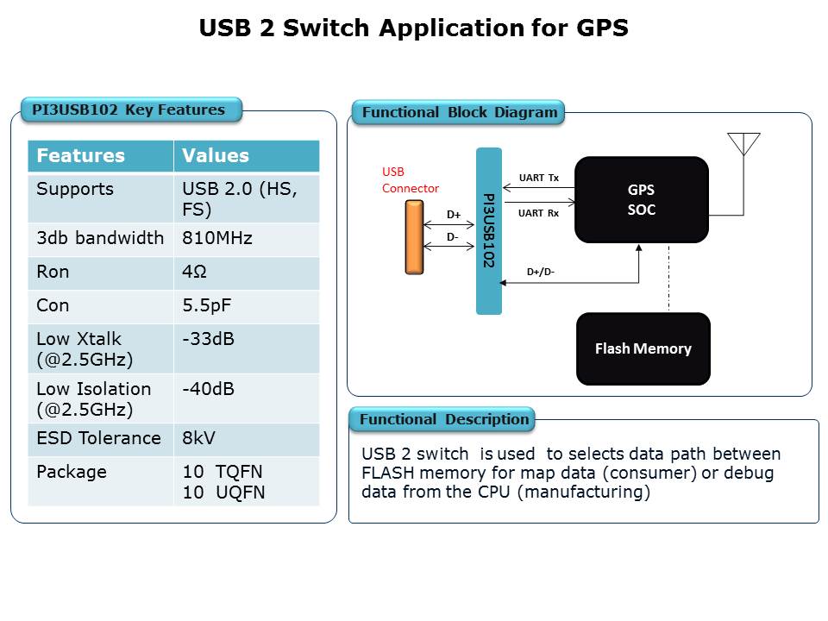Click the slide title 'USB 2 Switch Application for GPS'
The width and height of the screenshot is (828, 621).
pyautogui.click(x=413, y=28)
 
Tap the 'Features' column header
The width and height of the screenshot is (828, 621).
pyautogui.click(x=81, y=156)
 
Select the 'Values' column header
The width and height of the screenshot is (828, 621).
pyautogui.click(x=216, y=156)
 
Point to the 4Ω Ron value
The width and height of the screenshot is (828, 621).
pyautogui.click(x=194, y=272)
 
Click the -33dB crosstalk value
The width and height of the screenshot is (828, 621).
pyautogui.click(x=208, y=339)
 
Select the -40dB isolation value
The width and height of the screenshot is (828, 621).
pyautogui.click(x=208, y=389)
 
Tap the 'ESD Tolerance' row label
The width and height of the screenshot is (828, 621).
pyautogui.click(x=98, y=438)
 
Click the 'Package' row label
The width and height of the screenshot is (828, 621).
pyautogui.click(x=72, y=472)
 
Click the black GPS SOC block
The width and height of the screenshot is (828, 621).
pyautogui.click(x=642, y=199)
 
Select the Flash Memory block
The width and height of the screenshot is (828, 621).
pyautogui.click(x=643, y=348)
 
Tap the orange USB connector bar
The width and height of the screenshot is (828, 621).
pyautogui.click(x=415, y=238)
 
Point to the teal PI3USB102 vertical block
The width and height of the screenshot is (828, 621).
pyautogui.click(x=489, y=231)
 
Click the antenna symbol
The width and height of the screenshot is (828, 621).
pyautogui.click(x=743, y=144)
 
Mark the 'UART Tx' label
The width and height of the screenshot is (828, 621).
pyautogui.click(x=538, y=178)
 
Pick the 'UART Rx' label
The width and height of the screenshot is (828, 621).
pyautogui.click(x=538, y=213)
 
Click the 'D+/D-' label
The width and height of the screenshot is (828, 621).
pyautogui.click(x=541, y=272)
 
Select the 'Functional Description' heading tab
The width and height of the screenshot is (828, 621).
pyautogui.click(x=442, y=419)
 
